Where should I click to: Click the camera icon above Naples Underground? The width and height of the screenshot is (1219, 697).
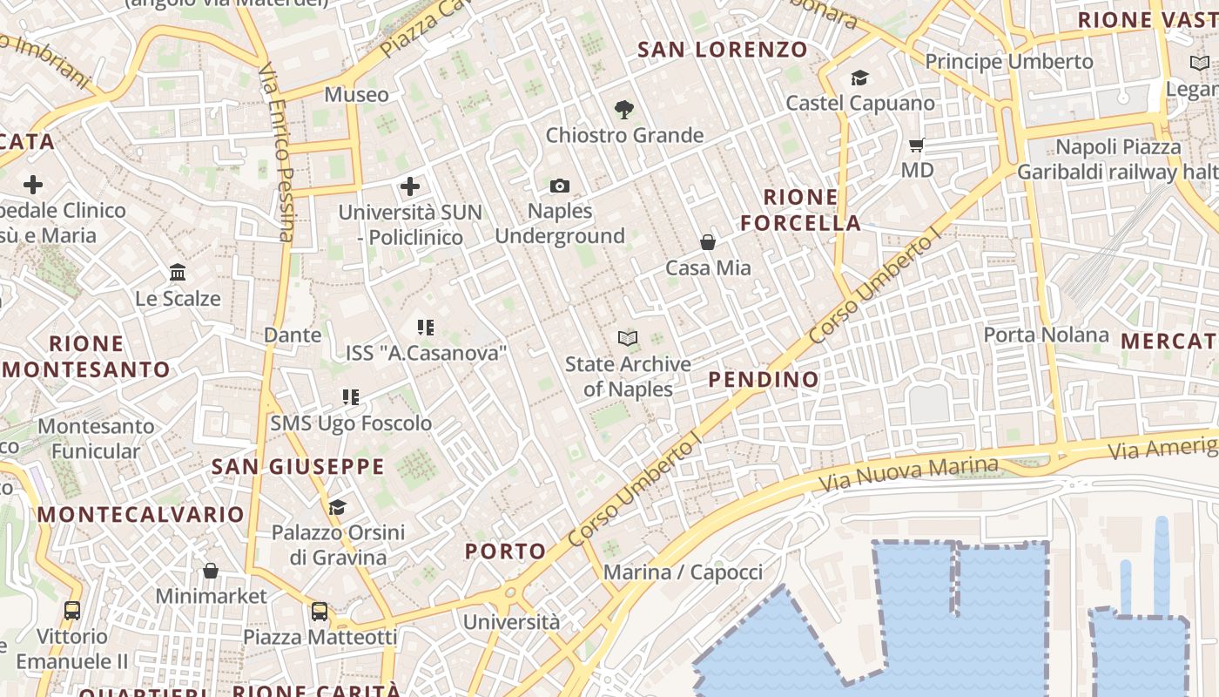click(560, 186)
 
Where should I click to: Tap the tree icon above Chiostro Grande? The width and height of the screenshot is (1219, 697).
click(623, 110)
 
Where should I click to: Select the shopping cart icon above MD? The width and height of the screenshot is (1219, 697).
click(916, 145)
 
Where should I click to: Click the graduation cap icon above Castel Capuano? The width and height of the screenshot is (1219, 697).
click(859, 78)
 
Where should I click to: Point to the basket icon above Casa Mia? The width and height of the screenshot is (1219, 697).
click(708, 242)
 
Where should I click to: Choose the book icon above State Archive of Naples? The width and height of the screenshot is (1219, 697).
click(628, 338)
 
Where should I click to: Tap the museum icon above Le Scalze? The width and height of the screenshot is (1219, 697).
click(178, 273)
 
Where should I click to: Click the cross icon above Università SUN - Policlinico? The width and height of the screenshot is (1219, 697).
click(409, 186)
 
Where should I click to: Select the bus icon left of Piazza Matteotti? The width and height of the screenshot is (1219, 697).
click(320, 612)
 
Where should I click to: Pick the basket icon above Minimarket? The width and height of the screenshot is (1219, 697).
click(211, 572)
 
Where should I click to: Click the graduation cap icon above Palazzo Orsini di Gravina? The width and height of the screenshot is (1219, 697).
click(337, 507)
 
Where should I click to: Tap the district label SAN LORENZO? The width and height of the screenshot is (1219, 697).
click(723, 50)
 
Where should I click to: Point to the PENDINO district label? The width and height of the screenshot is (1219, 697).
click(764, 379)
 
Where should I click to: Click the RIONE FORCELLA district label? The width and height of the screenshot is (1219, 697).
click(801, 210)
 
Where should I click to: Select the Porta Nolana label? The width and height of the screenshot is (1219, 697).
click(1046, 335)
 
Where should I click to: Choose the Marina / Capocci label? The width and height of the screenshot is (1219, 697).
click(683, 572)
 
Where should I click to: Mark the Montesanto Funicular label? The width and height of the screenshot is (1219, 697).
click(96, 438)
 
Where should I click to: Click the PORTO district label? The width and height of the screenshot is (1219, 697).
click(505, 551)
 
